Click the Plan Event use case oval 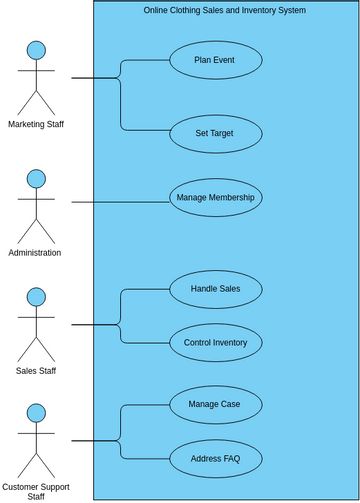pos(215,60)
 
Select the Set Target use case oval pos(215,134)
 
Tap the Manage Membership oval pos(215,198)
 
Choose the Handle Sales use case pos(215,289)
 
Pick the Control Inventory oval pos(215,342)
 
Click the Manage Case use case pos(215,405)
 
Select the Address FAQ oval pos(215,459)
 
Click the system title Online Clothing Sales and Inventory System pos(225,10)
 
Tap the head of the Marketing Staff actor pos(36,50)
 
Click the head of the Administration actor pos(36,179)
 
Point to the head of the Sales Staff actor pos(36,297)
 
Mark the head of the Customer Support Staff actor pos(36,413)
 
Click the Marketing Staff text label pos(36,124)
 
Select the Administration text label pos(35,253)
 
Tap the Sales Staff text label pos(36,371)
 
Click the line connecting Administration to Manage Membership pos(120,202)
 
